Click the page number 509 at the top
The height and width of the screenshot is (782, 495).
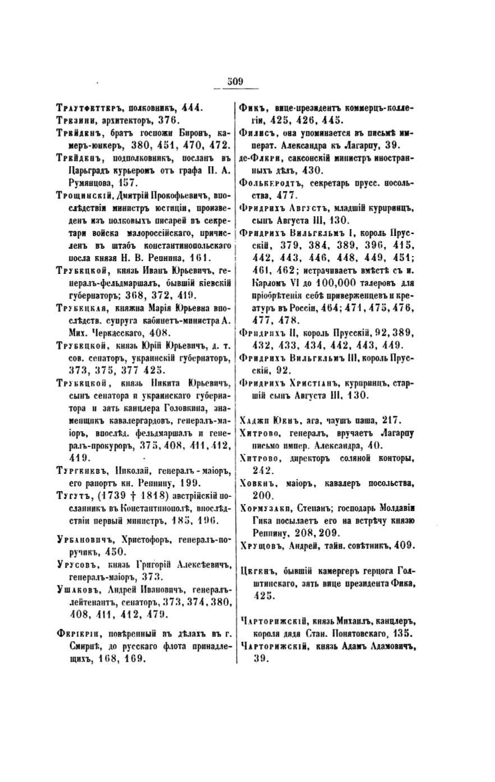point(235,82)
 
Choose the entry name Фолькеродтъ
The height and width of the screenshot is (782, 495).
point(274,183)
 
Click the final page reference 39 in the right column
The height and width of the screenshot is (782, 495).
point(259,660)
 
